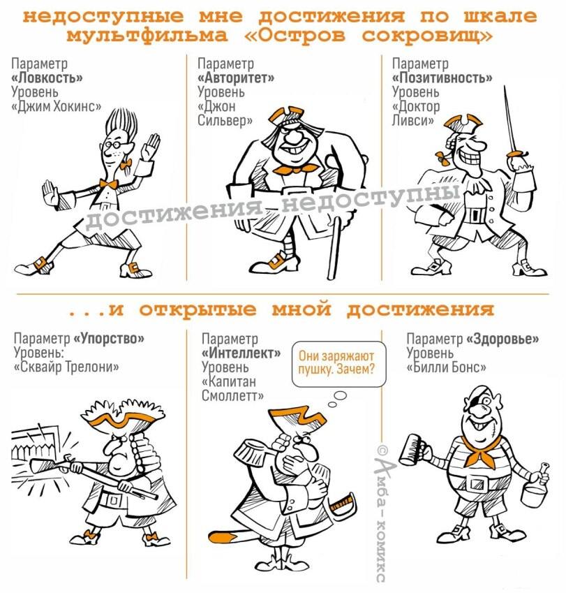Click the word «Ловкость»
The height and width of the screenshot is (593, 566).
point(47,78)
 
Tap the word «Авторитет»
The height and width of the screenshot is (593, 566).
point(236,78)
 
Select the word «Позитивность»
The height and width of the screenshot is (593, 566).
point(442,78)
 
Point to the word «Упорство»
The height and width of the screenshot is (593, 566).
point(108,338)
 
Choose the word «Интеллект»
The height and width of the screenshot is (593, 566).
point(241,353)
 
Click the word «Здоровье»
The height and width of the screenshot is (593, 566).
point(502,339)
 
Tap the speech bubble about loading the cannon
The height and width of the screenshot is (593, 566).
point(339,364)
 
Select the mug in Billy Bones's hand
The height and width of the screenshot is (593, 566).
point(412,448)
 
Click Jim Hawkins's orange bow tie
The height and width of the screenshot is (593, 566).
point(109,184)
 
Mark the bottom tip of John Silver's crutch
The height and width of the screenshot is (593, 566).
point(332,277)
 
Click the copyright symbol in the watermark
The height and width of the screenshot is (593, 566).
point(382,450)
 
